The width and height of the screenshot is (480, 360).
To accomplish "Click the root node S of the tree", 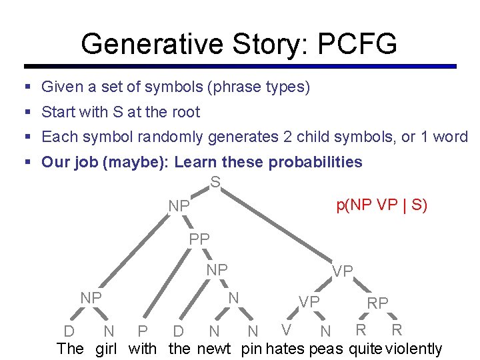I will pyautogui.click(x=215, y=181).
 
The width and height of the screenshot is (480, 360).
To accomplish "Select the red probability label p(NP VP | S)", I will pyautogui.click(x=381, y=205).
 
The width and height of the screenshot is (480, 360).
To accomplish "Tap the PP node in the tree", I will pyautogui.click(x=199, y=238).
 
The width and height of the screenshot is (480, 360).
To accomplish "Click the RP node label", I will pyautogui.click(x=377, y=303).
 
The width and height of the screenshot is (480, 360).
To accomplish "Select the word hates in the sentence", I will pyautogui.click(x=285, y=348).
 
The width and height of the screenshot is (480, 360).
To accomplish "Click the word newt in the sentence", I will pyautogui.click(x=214, y=348).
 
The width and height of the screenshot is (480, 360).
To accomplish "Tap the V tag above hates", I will pyautogui.click(x=286, y=329).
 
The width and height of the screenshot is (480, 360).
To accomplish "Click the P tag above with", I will pyautogui.click(x=142, y=331).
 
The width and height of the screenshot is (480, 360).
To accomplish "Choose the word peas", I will pyautogui.click(x=326, y=348).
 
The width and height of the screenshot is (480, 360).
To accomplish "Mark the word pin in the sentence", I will pyautogui.click(x=251, y=348).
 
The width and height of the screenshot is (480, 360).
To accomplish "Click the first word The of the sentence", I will pyautogui.click(x=71, y=348).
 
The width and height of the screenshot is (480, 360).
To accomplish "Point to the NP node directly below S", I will pyautogui.click(x=179, y=207).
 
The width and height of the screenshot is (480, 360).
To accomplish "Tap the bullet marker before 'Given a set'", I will pyautogui.click(x=27, y=87).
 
